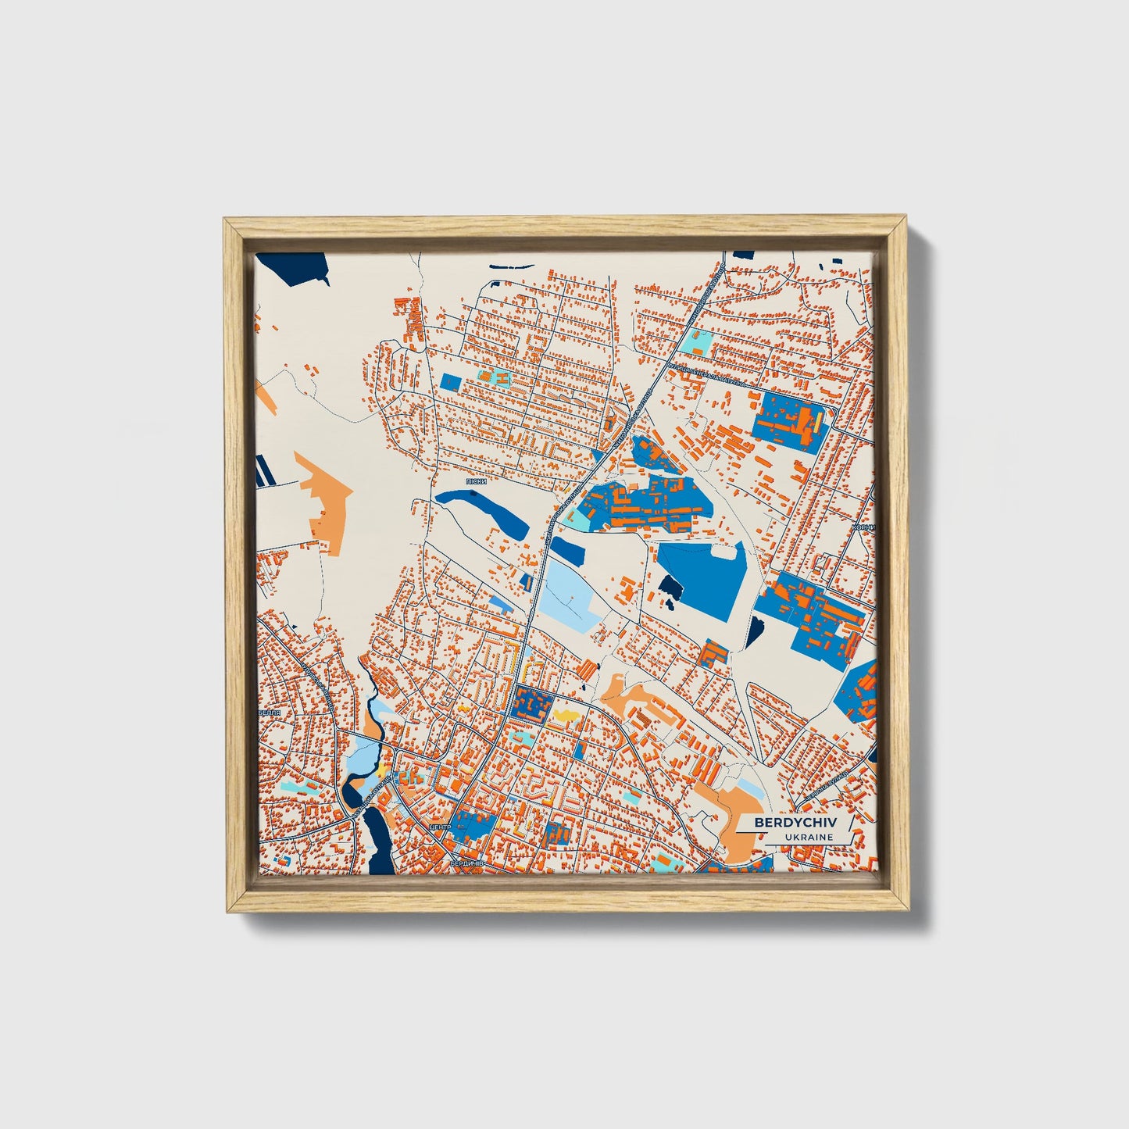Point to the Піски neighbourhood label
(476, 482)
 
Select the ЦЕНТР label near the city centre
(441, 827)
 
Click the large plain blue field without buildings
(699, 578)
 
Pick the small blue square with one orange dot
(452, 381)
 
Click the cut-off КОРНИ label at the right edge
(864, 527)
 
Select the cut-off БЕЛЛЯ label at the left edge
(269, 714)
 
